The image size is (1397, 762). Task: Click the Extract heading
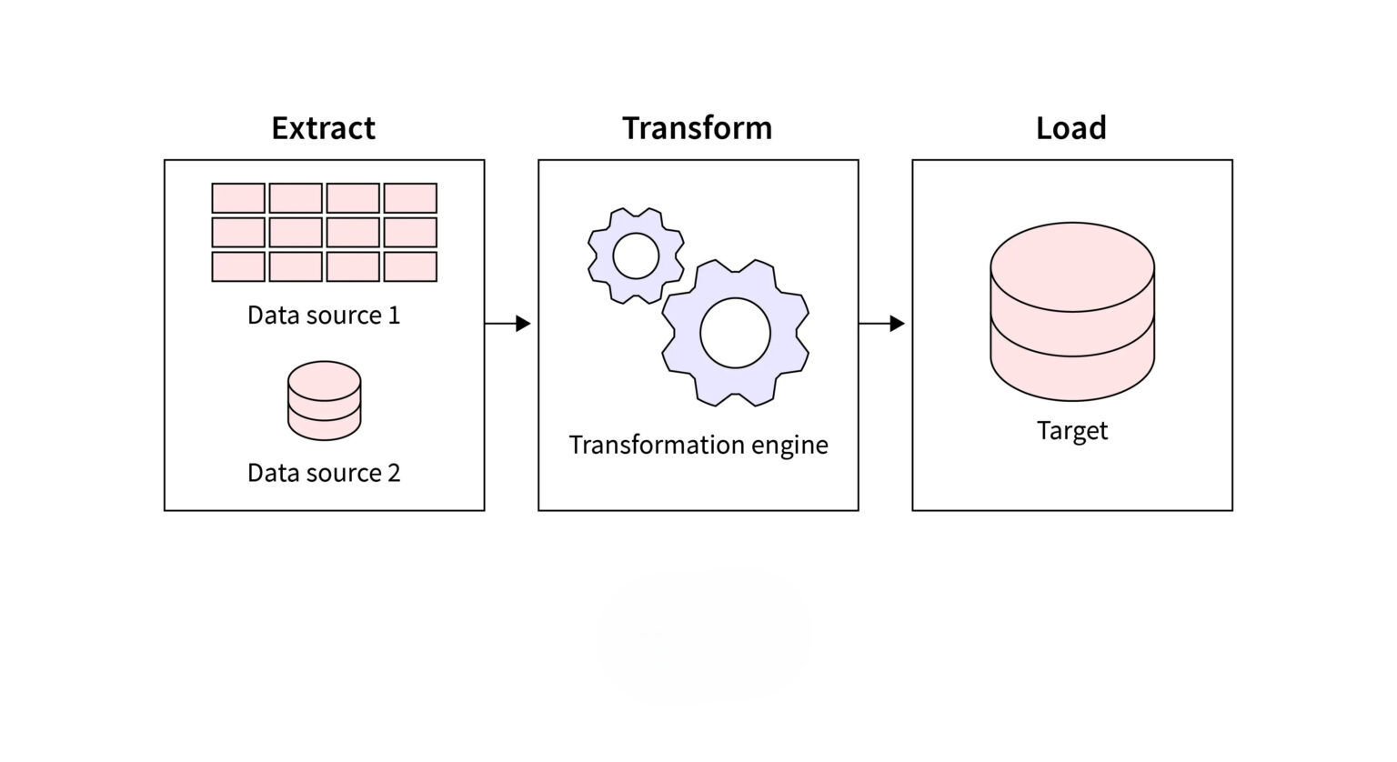(x=323, y=128)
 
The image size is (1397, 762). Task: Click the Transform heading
(x=697, y=128)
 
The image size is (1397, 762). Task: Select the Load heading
(x=1070, y=128)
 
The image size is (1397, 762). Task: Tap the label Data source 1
(x=323, y=316)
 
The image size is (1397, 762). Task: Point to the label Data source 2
(x=323, y=473)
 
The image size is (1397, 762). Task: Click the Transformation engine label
(x=698, y=445)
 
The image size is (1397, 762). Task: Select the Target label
(x=1071, y=430)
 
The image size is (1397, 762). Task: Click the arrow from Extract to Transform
(x=508, y=323)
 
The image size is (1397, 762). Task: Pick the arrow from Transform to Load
(x=881, y=323)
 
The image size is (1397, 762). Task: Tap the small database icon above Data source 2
(x=324, y=401)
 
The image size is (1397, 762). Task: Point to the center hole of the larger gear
(x=735, y=333)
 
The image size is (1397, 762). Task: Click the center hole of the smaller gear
(x=636, y=256)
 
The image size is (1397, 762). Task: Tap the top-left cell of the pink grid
(x=238, y=198)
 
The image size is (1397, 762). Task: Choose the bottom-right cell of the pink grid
(x=410, y=266)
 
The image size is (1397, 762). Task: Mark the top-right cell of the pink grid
(x=410, y=198)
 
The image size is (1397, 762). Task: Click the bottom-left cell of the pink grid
(x=238, y=266)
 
